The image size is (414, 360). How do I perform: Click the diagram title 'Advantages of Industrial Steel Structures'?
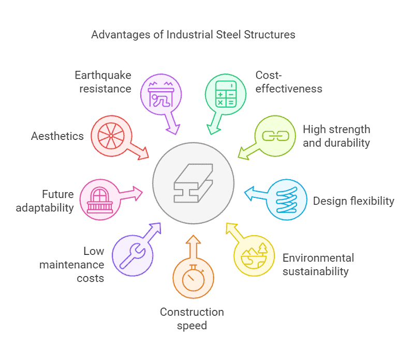[x=193, y=35]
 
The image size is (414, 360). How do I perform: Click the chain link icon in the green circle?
[x=274, y=136]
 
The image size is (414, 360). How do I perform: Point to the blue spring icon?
[x=286, y=200]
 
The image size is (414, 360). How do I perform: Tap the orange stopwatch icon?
[x=193, y=278]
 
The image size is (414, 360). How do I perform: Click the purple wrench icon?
[x=132, y=254]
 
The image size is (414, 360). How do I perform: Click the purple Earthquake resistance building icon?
[x=161, y=94]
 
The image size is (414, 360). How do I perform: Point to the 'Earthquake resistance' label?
[x=102, y=82]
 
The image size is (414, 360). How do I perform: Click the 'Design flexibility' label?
[x=353, y=200]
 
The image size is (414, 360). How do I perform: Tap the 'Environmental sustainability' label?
[x=318, y=264]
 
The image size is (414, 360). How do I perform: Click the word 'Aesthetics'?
[x=57, y=136]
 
